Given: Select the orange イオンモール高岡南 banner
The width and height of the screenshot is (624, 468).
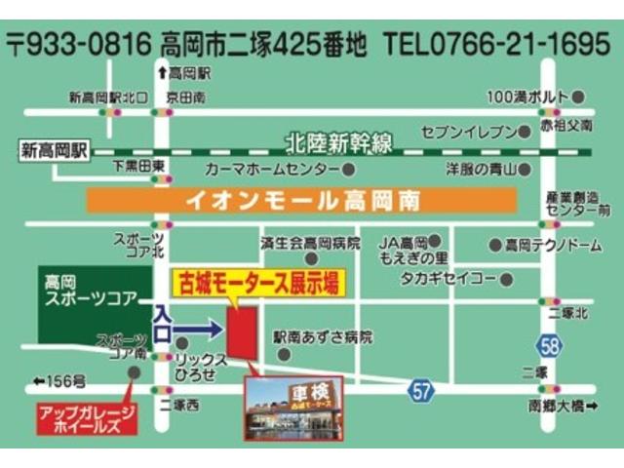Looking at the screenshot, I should click(x=300, y=202).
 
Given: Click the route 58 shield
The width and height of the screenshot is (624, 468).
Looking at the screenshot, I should click(x=549, y=344).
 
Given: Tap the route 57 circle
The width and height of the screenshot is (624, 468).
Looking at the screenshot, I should click(x=420, y=390).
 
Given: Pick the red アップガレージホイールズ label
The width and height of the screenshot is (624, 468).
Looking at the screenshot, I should click(x=84, y=417).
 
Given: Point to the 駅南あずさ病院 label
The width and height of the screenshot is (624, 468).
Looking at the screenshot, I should click(x=323, y=337).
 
